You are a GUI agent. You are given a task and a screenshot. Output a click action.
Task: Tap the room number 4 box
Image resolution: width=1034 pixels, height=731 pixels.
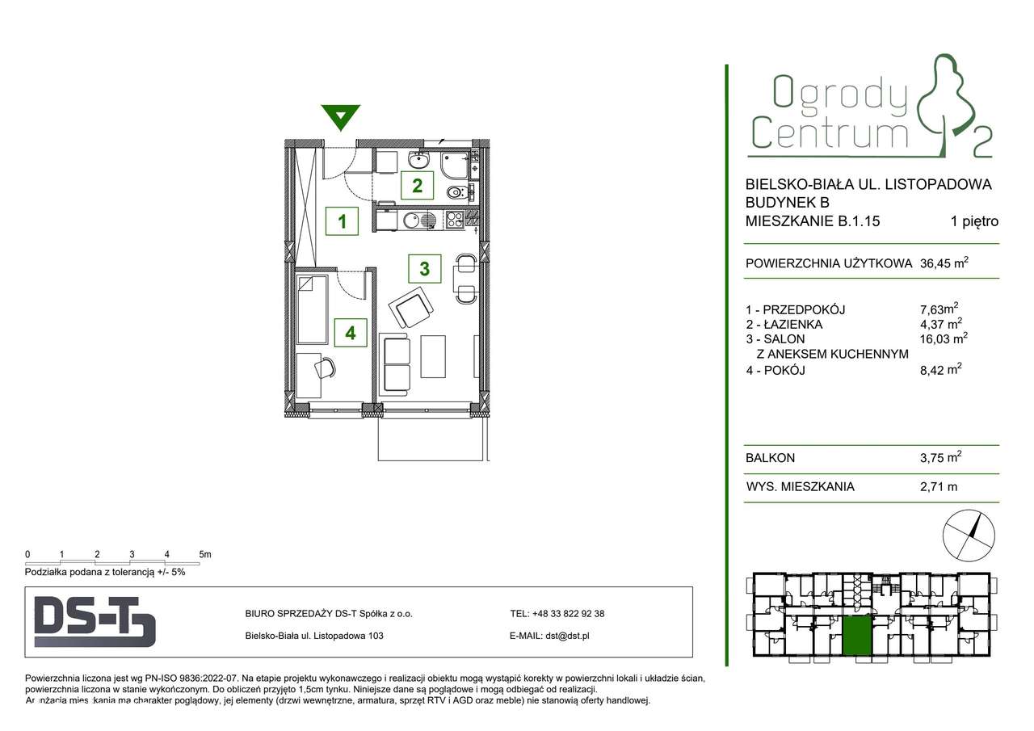pyautogui.click(x=350, y=332)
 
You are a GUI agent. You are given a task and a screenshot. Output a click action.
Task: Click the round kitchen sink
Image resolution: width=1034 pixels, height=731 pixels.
pyautogui.click(x=413, y=218)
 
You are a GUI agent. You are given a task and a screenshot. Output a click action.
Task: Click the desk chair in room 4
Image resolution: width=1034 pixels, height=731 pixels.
pyautogui.click(x=325, y=368)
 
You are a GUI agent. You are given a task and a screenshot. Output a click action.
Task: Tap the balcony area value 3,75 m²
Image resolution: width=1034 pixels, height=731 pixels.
pyautogui.click(x=941, y=458)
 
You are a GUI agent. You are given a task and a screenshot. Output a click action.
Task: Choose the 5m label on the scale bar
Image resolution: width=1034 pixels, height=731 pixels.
pyautogui.click(x=204, y=554)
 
